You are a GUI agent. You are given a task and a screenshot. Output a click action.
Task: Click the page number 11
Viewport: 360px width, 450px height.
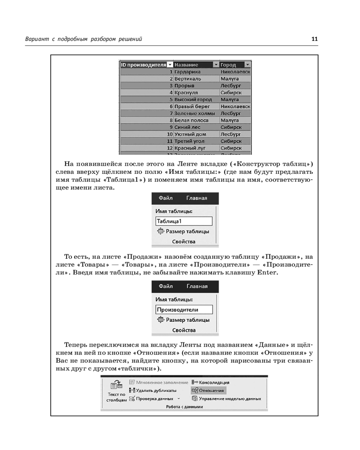(x=315, y=39)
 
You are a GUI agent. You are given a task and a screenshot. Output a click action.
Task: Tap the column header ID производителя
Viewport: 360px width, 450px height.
(x=143, y=64)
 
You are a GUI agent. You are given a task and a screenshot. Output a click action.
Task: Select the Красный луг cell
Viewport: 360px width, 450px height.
(x=190, y=148)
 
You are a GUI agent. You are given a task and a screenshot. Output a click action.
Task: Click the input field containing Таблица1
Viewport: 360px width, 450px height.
(x=184, y=221)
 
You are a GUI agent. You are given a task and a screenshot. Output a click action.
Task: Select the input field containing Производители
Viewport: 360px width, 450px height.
(x=184, y=309)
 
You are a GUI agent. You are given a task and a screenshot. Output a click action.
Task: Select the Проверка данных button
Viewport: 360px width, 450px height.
(x=153, y=398)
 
